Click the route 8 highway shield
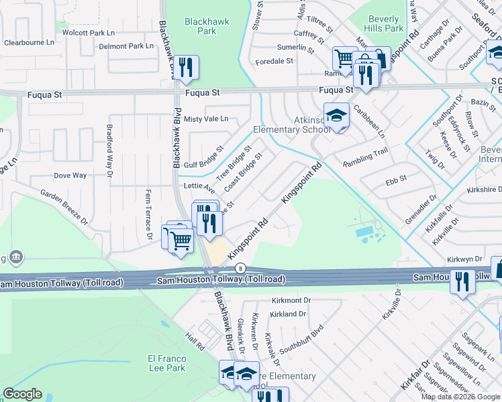coord(241,269)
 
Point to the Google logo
coord(23,394)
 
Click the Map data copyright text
coord(460,397)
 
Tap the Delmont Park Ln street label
coord(126,47)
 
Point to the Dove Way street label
coord(70,176)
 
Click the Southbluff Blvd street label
coord(301,340)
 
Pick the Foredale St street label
coord(274,61)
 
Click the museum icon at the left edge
coord(15,257)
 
